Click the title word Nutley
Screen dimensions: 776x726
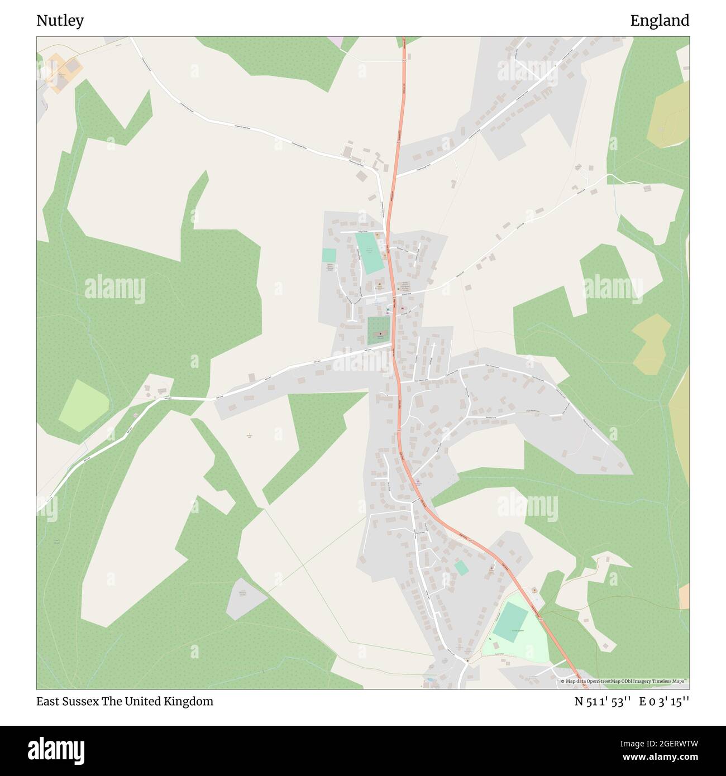[x=60, y=21]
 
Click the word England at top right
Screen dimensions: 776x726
[x=660, y=21]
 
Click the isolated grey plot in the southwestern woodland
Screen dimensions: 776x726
[x=245, y=597]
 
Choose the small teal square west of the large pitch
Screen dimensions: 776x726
[x=329, y=255]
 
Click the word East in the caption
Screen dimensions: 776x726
[x=47, y=701]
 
